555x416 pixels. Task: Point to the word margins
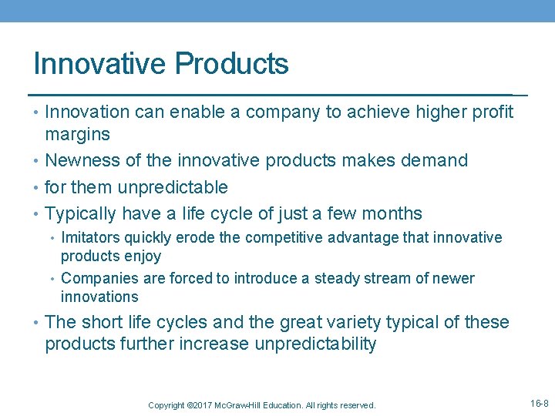point(77,135)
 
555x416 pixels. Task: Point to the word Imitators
point(90,238)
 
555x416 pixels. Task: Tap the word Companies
point(96,278)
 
